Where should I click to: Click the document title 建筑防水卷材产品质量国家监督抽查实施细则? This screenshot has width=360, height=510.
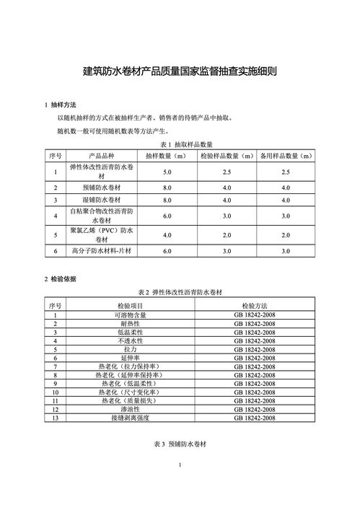coord(180,72)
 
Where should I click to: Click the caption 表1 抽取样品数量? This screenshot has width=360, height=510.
coord(180,145)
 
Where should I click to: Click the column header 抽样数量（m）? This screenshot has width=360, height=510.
coord(167,156)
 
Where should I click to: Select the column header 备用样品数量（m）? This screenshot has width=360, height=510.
coord(286,156)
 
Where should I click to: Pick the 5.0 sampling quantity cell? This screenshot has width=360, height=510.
coord(167,172)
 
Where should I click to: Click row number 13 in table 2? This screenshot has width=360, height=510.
coord(55,418)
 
